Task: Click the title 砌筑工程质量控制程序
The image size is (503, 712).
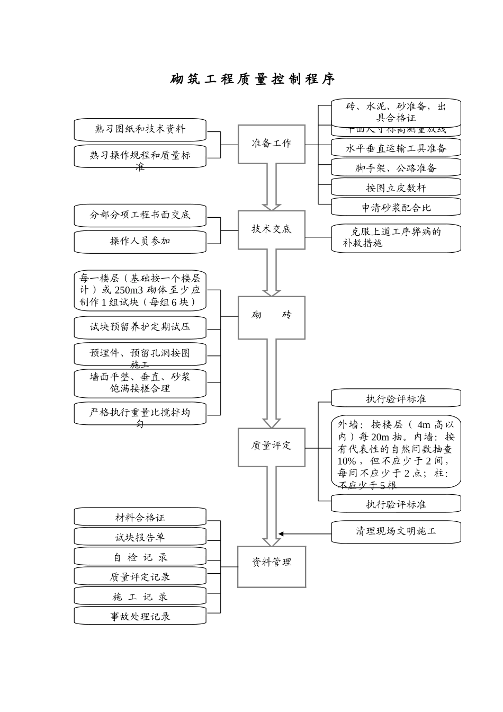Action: click(252, 79)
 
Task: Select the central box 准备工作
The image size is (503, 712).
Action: click(271, 144)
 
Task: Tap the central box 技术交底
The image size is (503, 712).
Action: click(271, 229)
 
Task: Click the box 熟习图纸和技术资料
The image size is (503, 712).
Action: click(140, 129)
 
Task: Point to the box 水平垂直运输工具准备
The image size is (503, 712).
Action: click(396, 148)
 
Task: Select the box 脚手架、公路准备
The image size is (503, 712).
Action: click(396, 168)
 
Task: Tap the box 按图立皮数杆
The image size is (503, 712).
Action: click(396, 188)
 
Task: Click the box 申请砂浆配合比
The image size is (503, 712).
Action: click(396, 207)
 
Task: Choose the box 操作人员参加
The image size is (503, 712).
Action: click(140, 241)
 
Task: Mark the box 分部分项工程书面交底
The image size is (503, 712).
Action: click(140, 215)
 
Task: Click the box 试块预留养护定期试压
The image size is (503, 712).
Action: click(140, 327)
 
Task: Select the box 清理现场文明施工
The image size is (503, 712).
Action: click(396, 531)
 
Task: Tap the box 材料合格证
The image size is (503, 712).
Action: click(140, 517)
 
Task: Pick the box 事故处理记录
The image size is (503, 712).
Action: click(140, 616)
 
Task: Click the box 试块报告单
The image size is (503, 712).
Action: click(140, 537)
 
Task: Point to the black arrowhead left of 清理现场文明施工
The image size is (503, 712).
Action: click(282, 533)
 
